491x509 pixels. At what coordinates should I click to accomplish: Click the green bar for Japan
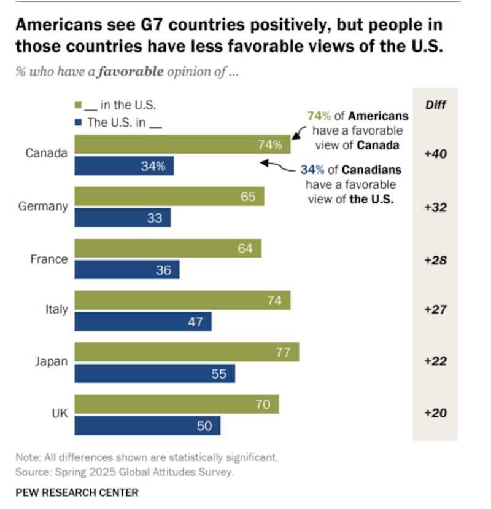[x=187, y=352]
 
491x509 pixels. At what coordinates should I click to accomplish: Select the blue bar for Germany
[x=123, y=218]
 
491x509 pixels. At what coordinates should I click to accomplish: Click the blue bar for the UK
[x=147, y=425]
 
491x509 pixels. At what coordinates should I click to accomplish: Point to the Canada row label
[x=46, y=153]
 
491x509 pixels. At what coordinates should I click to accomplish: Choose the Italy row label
[x=56, y=309]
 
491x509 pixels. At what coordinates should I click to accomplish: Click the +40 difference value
[x=435, y=154]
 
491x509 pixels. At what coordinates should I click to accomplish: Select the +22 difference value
[x=435, y=361]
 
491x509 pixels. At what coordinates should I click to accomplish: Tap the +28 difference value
[x=435, y=259]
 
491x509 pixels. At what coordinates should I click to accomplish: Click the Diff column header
[x=435, y=105]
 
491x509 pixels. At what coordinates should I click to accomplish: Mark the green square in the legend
[x=78, y=105]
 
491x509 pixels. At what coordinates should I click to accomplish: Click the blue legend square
[x=78, y=122]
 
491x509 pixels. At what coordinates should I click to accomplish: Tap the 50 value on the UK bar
[x=205, y=425]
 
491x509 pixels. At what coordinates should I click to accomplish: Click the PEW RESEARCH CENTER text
[x=77, y=492]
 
